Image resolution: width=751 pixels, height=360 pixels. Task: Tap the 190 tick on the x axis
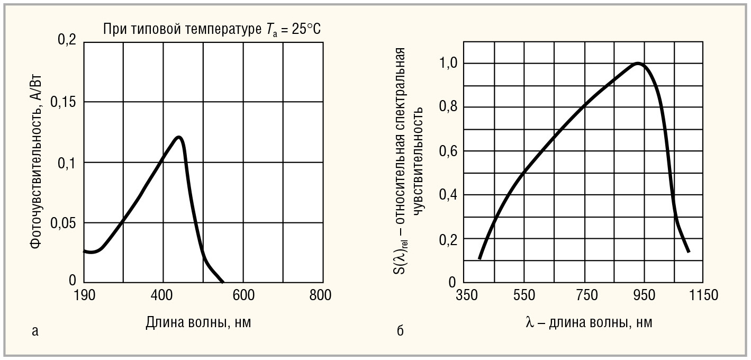[84, 295]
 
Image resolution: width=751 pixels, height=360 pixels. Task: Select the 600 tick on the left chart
[243, 295]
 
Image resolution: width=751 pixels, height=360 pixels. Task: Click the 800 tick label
[321, 295]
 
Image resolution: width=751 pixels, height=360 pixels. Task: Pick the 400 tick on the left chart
[163, 295]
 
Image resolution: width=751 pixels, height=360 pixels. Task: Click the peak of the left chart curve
[179, 138]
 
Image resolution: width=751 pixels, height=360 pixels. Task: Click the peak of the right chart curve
[638, 64]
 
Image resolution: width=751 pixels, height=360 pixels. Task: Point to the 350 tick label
[465, 295]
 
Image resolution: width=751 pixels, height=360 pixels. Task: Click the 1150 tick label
[704, 295]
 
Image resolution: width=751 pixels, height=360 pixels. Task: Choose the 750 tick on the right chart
[585, 295]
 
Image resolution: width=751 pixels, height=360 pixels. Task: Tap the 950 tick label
[645, 295]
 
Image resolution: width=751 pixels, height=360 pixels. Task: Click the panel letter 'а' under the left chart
[35, 331]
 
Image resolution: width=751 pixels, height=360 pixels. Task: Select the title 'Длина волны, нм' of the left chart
[198, 322]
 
